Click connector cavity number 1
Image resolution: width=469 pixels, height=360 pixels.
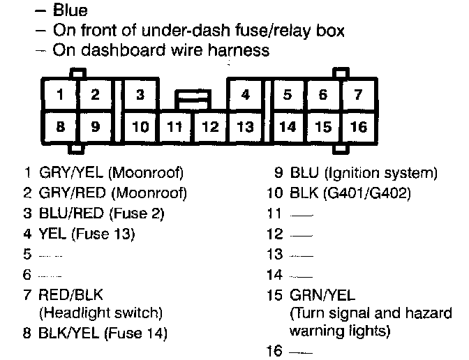pyautogui.click(x=61, y=94)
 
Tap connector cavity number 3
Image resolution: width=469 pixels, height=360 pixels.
pyautogui.click(x=140, y=94)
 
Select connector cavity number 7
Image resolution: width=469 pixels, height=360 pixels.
pyautogui.click(x=358, y=94)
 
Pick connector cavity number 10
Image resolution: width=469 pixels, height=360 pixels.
pyautogui.click(x=140, y=128)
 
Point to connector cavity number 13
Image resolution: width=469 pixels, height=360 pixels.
pyautogui.click(x=245, y=128)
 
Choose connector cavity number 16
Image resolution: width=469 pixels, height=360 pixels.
pyautogui.click(x=358, y=128)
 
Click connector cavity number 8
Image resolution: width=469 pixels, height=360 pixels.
pyautogui.click(x=61, y=128)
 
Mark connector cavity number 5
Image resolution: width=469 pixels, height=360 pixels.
pyautogui.click(x=288, y=94)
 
